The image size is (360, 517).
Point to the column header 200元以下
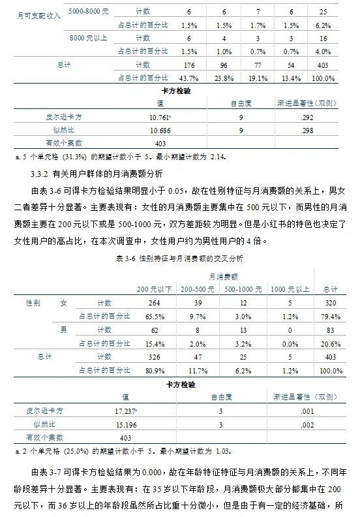[x=154, y=289]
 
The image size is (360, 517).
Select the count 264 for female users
[x=154, y=303]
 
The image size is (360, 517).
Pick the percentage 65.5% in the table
[x=154, y=316]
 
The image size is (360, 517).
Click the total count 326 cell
[x=154, y=356]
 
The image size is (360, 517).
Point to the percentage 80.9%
[x=154, y=369]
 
